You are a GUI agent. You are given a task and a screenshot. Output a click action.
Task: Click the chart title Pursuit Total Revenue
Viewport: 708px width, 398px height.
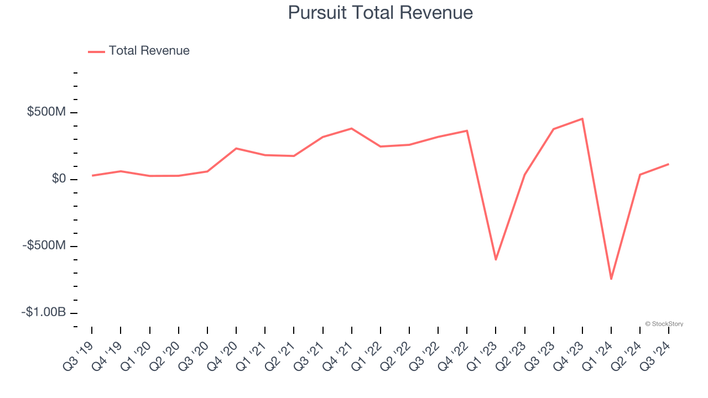380,13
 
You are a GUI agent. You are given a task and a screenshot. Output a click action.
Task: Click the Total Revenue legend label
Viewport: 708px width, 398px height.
149,51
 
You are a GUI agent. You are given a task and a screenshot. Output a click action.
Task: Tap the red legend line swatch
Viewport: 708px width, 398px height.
96,52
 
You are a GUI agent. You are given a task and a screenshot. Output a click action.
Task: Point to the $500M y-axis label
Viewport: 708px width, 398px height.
46,112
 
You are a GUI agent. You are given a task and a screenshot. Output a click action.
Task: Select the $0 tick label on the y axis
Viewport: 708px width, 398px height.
59,179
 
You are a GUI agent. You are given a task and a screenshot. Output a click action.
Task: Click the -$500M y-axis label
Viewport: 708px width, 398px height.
44,245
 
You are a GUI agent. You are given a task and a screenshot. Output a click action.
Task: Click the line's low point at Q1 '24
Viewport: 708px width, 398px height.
611,279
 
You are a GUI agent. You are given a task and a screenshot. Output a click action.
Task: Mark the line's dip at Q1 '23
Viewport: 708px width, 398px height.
496,259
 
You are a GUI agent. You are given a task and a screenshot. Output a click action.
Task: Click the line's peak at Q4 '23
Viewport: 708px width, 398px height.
582,119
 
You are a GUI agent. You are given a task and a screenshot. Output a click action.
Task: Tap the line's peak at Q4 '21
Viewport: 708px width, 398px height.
352,129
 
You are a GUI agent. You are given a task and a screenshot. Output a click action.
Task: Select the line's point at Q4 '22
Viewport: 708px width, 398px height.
467,131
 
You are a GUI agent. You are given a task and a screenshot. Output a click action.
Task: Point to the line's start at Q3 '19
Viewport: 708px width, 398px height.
92,175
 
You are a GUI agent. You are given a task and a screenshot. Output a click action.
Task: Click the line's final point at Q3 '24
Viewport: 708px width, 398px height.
669,164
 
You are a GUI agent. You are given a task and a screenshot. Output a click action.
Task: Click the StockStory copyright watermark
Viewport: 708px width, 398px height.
664,324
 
